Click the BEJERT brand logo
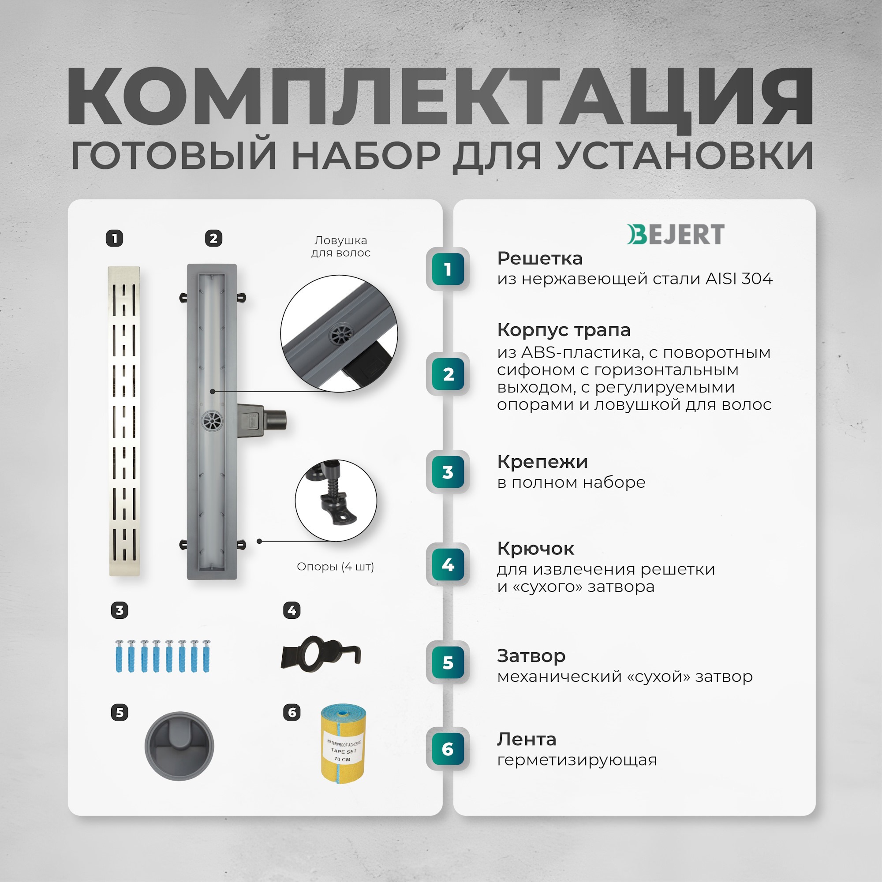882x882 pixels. coord(675,234)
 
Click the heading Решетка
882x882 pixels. coord(540,258)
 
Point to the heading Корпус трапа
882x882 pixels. coord(563,329)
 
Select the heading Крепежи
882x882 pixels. coord(542,462)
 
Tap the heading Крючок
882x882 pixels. coord(535,548)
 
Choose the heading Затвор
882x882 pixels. coord(531,656)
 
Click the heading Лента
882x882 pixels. coord(527,739)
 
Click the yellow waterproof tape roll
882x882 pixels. coord(343,744)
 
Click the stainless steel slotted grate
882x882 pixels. coord(124,420)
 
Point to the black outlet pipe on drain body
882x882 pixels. coord(276,419)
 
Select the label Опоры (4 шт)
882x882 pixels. coord(335,567)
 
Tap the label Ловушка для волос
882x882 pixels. coord(340,247)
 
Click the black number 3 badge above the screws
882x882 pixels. coord(120,610)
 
